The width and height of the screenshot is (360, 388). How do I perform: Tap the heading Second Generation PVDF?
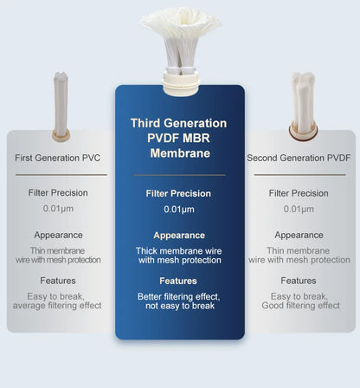(298, 158)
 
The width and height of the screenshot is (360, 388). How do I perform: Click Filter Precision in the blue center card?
(178, 194)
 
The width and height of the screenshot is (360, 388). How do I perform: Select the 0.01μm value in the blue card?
(178, 210)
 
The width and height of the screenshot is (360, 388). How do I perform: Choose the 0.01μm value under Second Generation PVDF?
(298, 209)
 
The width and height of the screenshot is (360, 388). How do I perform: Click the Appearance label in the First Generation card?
(58, 235)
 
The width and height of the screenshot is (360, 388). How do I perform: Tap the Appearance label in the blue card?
(178, 236)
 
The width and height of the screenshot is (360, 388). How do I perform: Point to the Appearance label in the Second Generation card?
(298, 235)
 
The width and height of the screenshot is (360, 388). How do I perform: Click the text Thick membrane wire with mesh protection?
(178, 255)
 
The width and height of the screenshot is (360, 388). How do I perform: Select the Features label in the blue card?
(178, 281)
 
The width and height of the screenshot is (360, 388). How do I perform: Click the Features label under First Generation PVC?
(58, 281)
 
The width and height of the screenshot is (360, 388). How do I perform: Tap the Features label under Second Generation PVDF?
(298, 281)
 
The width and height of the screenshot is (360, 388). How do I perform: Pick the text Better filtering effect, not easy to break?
(178, 301)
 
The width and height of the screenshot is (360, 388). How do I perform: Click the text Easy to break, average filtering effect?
(58, 301)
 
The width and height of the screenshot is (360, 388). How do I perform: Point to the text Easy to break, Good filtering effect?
(298, 301)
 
